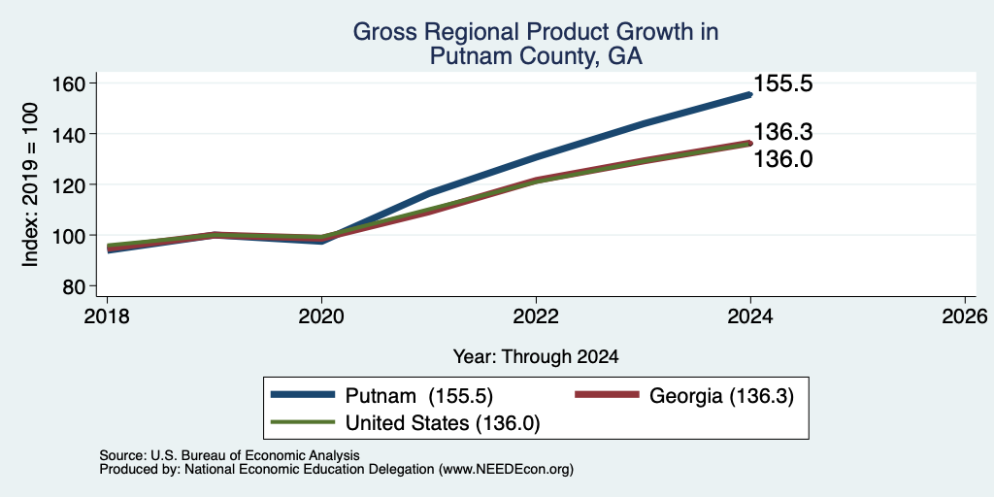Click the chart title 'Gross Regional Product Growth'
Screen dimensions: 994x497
(536, 32)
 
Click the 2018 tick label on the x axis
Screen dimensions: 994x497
(107, 316)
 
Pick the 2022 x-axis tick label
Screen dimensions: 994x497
(536, 316)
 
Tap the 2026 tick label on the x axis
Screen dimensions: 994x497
(965, 316)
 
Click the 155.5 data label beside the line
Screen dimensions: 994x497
(783, 83)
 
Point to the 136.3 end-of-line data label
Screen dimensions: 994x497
(783, 132)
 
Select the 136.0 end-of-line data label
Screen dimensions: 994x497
(783, 158)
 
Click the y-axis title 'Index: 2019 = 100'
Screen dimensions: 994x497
(30, 184)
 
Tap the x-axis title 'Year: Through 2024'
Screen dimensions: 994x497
(536, 357)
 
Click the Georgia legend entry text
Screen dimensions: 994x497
(721, 395)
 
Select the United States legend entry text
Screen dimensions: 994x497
(443, 423)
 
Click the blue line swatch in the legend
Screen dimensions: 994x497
(303, 395)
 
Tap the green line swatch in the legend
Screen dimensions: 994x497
(303, 422)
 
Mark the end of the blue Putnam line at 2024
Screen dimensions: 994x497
(750, 94)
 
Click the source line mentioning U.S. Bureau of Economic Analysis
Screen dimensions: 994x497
(229, 455)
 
